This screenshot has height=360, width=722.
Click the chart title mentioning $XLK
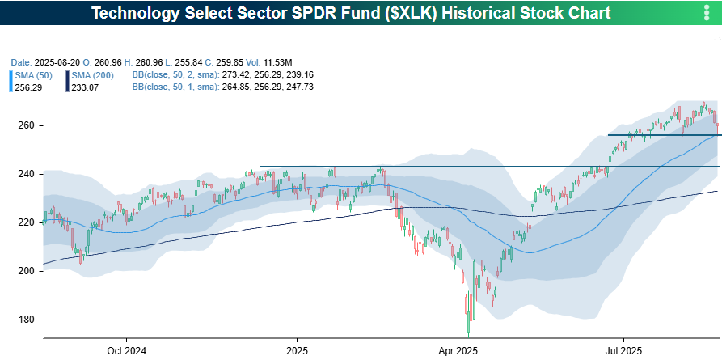point(351,14)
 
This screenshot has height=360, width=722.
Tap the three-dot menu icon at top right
point(707,14)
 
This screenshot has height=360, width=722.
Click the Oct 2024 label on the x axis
point(126,351)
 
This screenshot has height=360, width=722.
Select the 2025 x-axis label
point(297,351)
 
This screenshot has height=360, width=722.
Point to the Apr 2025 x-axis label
point(458,351)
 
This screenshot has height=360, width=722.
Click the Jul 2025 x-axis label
point(624,351)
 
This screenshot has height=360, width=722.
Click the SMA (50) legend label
point(35,74)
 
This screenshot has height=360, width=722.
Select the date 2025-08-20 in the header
point(57,62)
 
